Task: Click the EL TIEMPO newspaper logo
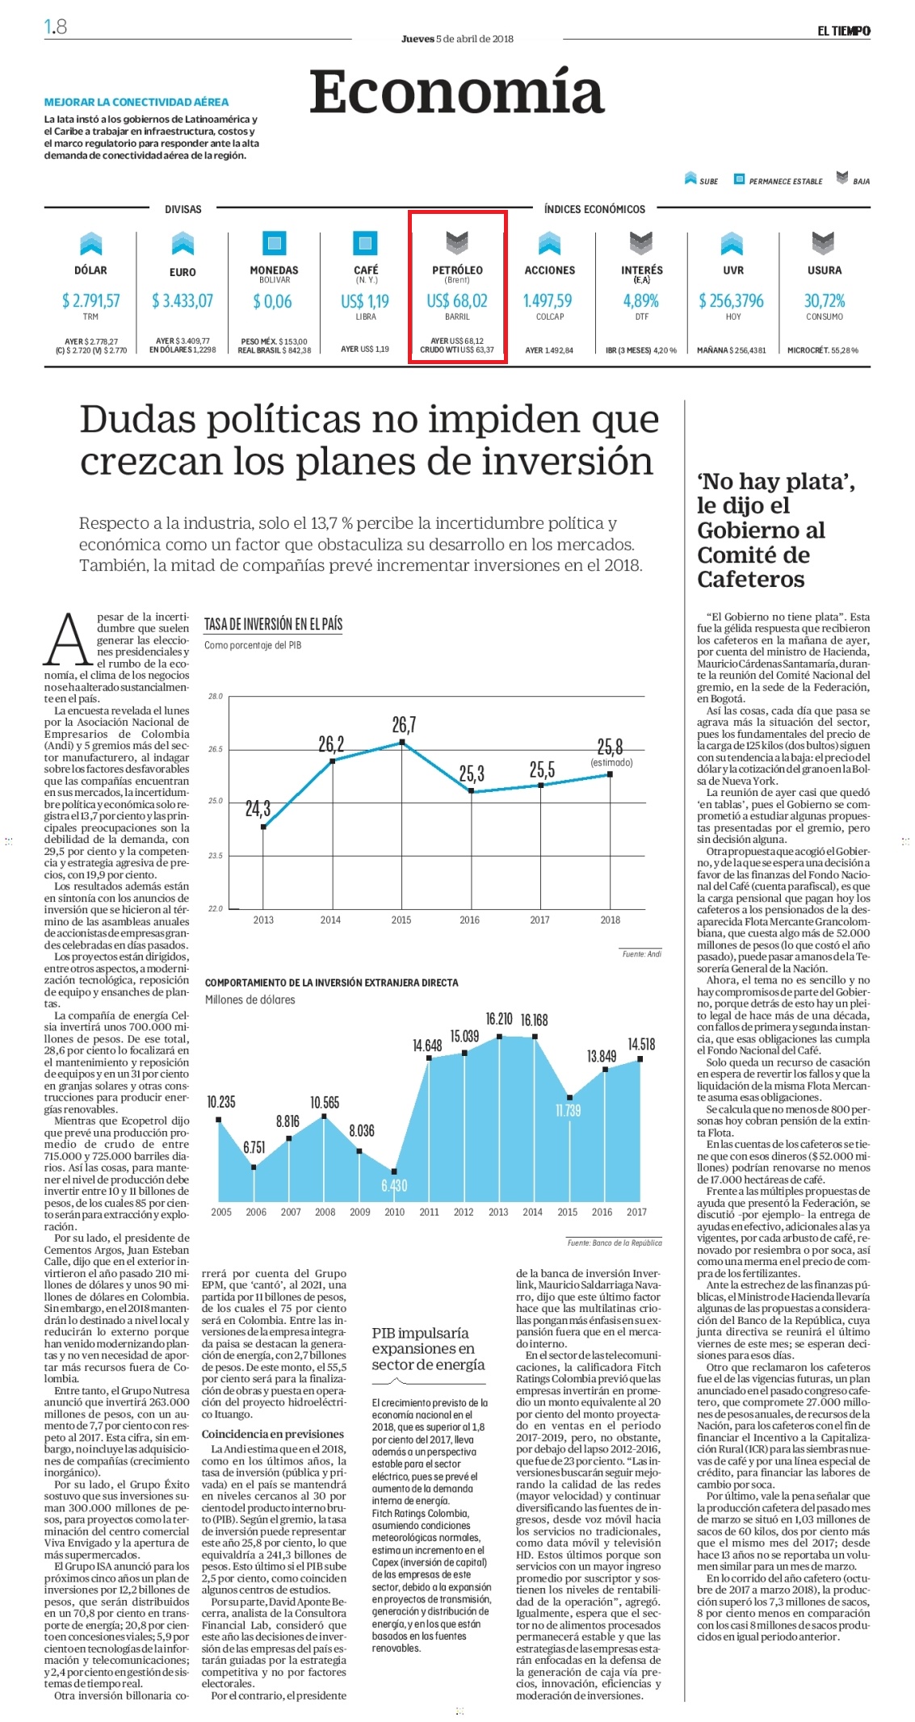[x=843, y=31]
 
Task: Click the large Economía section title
[x=457, y=93]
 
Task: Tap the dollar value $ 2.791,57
[x=91, y=300]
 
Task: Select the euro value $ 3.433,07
[x=183, y=300]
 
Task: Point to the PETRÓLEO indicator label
[x=457, y=270]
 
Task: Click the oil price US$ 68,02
[x=457, y=300]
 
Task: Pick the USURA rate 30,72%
[x=825, y=300]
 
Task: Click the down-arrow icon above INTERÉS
[x=641, y=242]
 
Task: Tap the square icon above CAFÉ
[x=366, y=242]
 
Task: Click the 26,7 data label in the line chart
[x=404, y=724]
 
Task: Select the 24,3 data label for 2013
[x=258, y=808]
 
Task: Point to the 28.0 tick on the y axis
[x=215, y=696]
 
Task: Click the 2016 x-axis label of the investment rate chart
[x=470, y=920]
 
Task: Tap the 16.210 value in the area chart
[x=499, y=1019]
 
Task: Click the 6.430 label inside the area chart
[x=394, y=1185]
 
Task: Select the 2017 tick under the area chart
[x=636, y=1212]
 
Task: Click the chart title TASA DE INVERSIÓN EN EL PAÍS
[x=273, y=624]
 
